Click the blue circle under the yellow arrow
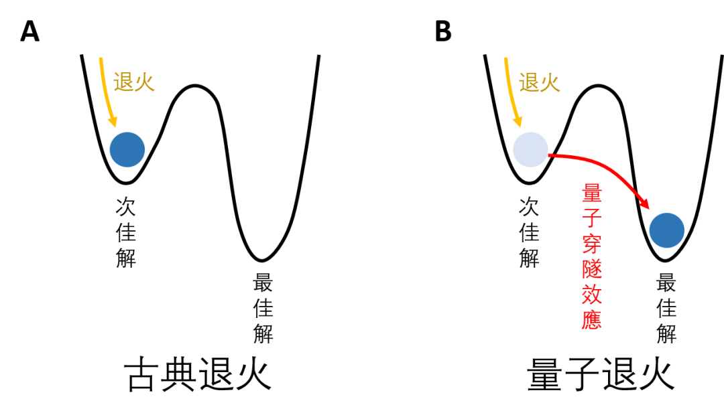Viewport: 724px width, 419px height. pyautogui.click(x=127, y=149)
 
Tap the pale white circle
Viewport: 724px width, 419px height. pyautogui.click(x=530, y=149)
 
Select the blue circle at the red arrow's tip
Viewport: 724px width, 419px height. pyautogui.click(x=666, y=230)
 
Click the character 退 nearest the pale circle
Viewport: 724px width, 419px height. pyautogui.click(x=529, y=82)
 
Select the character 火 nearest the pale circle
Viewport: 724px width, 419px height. pyautogui.click(x=550, y=82)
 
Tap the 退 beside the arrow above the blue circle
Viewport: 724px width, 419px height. pyautogui.click(x=123, y=82)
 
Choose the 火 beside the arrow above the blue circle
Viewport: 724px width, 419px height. pyautogui.click(x=144, y=82)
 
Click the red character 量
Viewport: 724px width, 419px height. pyautogui.click(x=591, y=194)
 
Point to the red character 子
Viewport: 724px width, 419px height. pyautogui.click(x=591, y=219)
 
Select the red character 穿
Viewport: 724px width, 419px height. pyautogui.click(x=591, y=244)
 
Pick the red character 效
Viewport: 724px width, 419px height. pyautogui.click(x=591, y=295)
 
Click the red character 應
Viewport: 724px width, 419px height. pyautogui.click(x=591, y=319)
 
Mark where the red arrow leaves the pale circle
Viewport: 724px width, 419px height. pyautogui.click(x=549, y=155)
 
